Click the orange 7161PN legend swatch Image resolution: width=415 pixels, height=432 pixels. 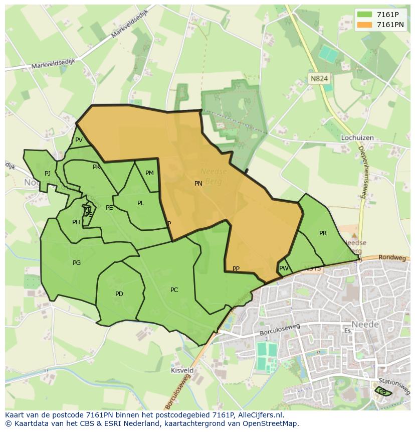tap(365, 25)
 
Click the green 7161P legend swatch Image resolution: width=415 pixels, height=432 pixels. tap(365, 15)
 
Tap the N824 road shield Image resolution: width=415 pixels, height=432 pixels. tap(319, 78)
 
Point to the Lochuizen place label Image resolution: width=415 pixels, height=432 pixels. tap(358, 137)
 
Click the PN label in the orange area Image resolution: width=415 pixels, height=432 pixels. tap(198, 184)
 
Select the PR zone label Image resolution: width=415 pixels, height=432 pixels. tap(323, 233)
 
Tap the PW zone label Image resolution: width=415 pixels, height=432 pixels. tap(284, 268)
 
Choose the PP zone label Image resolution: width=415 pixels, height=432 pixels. tap(236, 269)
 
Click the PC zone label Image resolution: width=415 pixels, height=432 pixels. tap(174, 290)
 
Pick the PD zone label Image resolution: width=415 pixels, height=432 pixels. tap(119, 294)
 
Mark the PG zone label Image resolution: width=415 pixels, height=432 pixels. tap(77, 263)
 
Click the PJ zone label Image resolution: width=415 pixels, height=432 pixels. tap(48, 174)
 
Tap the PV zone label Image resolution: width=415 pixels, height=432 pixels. tap(79, 140)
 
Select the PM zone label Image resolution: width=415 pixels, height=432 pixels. tap(149, 173)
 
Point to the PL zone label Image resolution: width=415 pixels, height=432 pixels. tap(141, 203)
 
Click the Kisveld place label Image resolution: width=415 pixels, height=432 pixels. tap(182, 370)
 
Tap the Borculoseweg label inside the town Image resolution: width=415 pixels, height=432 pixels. tap(280, 330)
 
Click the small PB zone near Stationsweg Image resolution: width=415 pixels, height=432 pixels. tap(383, 391)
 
